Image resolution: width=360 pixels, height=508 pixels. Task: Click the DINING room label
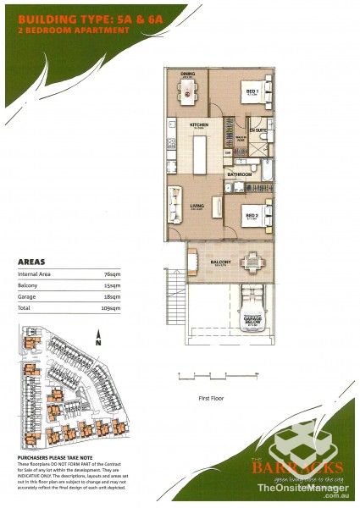tap(187, 74)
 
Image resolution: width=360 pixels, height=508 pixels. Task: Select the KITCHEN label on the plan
tap(199, 124)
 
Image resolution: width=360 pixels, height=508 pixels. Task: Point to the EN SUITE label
tap(260, 131)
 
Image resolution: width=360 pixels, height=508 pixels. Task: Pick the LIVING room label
tap(197, 205)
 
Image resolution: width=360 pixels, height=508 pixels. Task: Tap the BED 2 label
tap(251, 217)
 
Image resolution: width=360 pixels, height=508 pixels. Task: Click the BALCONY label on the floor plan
tap(221, 263)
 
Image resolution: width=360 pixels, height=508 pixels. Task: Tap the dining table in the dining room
tap(187, 91)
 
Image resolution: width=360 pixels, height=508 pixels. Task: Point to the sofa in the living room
tap(174, 204)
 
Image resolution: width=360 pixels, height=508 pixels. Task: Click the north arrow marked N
tap(100, 344)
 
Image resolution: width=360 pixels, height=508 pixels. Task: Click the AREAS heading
tap(31, 262)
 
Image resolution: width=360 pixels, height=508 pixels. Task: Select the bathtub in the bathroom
tap(262, 174)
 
